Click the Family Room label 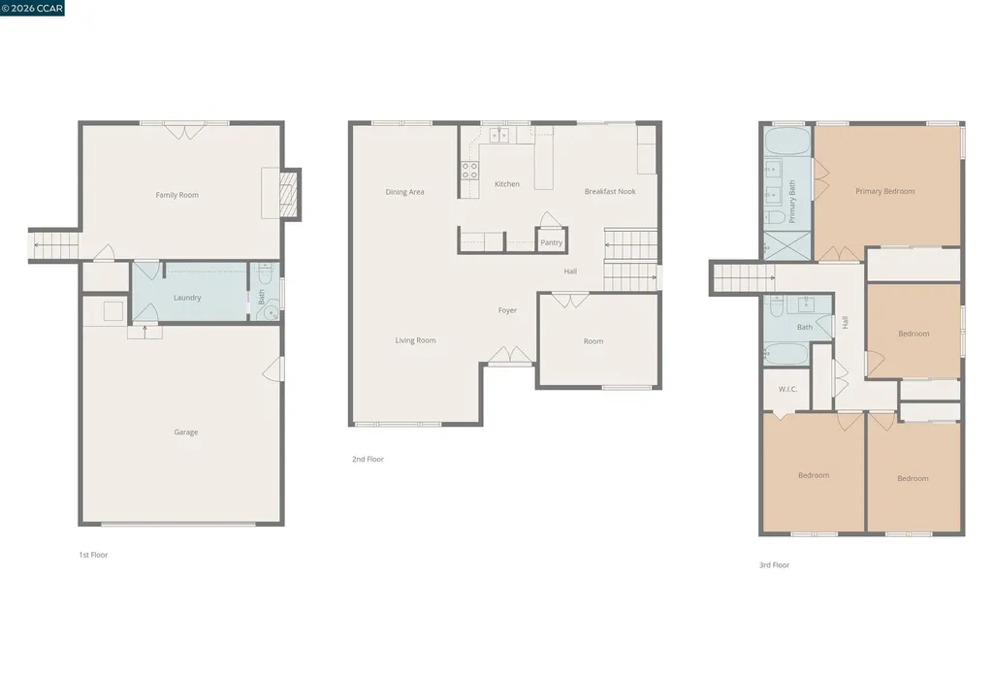point(176,195)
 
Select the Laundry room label point(187,298)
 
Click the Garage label point(186,433)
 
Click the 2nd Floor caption point(368,459)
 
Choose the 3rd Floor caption point(774,564)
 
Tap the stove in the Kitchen point(468,171)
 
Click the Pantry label point(551,242)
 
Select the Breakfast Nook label point(610,192)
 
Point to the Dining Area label point(404,192)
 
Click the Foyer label point(507,310)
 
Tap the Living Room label point(415,340)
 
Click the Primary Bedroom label point(884,191)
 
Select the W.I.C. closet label point(787,389)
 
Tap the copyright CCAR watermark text point(32,9)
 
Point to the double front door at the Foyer point(509,356)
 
